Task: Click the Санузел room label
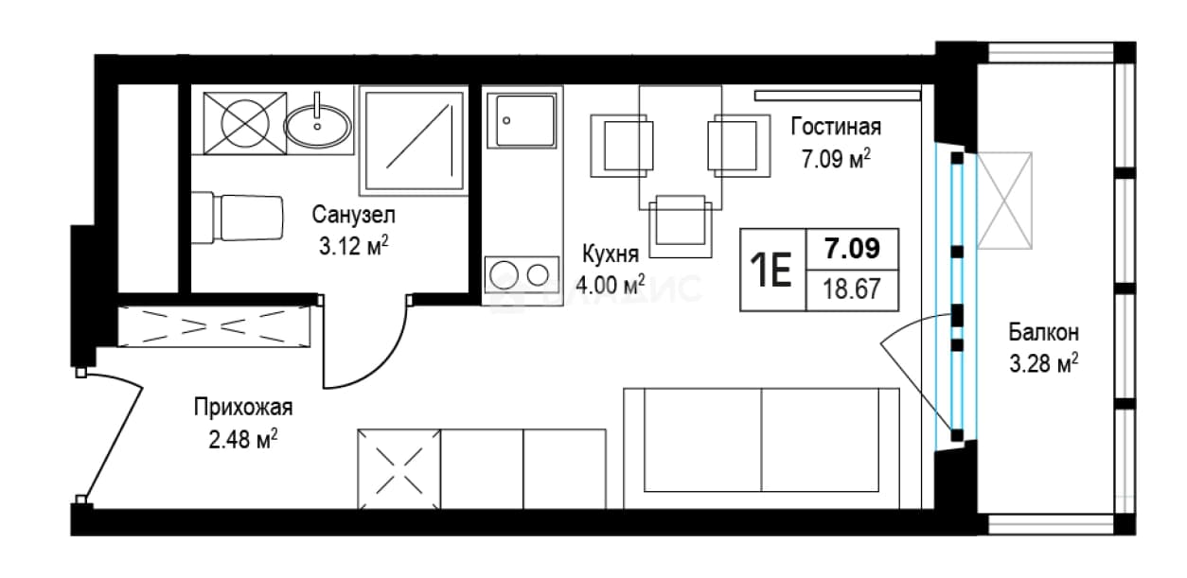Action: click(x=353, y=215)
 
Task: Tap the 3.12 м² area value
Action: click(x=353, y=245)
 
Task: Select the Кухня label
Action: click(x=611, y=254)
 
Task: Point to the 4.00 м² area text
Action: click(x=611, y=285)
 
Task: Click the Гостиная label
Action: click(x=836, y=127)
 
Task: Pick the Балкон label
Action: click(x=1043, y=333)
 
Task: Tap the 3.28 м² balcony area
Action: click(x=1043, y=363)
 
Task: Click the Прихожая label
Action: click(x=243, y=408)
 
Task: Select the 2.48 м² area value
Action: click(x=243, y=439)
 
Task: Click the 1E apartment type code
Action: click(x=771, y=270)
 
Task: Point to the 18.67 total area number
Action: click(x=852, y=289)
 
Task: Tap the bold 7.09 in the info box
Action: click(x=852, y=249)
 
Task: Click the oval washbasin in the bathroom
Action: click(x=317, y=126)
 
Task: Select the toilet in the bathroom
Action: click(x=237, y=219)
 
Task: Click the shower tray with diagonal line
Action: click(x=414, y=140)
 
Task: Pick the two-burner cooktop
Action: click(x=522, y=275)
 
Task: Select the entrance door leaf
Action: click(x=113, y=443)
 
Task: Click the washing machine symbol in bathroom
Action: click(x=245, y=124)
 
